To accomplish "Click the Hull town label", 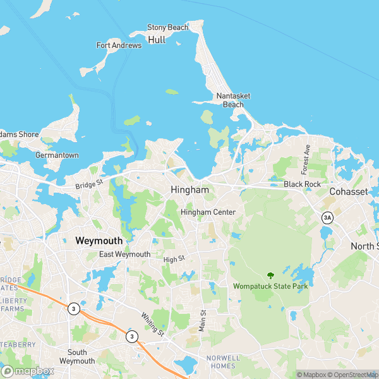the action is coord(157,39).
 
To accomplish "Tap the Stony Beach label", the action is coord(167,28).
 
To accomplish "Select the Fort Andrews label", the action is coord(119,45).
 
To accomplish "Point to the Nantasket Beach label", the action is coord(233,100).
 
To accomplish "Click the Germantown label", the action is coord(57,155).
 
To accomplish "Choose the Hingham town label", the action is coord(189,189).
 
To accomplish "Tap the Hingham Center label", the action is coord(208,212).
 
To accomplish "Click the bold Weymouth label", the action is coord(99,241).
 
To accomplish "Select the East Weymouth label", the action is coord(125,255).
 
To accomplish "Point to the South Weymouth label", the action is coord(77,356).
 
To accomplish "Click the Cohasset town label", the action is coord(348,191).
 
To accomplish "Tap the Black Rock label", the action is coord(302,184).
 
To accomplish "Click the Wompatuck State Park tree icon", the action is coord(271,275).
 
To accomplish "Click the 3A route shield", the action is coord(327,218).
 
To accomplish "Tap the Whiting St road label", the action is coord(152,324).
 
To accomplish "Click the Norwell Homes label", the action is coord(223,362).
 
